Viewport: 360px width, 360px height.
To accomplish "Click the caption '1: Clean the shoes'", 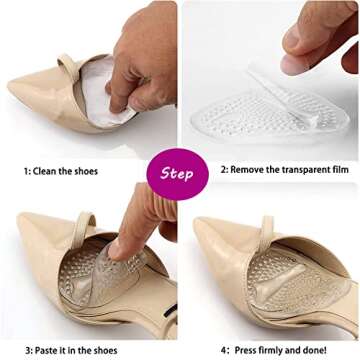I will pyautogui.click(x=61, y=171).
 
